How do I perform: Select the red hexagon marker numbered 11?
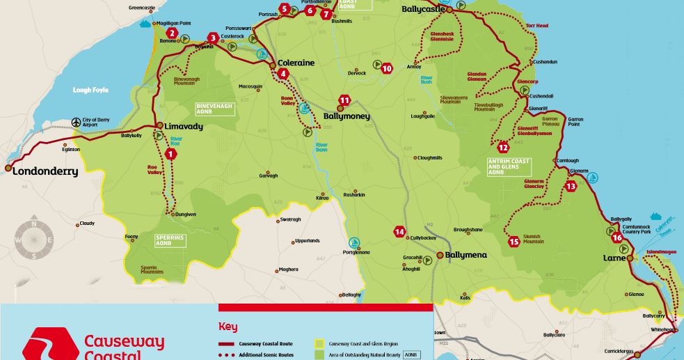tap(344, 100)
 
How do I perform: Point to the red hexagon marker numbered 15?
tap(514, 242)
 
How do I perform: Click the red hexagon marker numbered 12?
tap(503, 147)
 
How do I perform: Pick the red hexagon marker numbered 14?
tap(399, 232)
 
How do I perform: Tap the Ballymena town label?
tap(466, 256)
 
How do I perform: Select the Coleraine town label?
tap(296, 63)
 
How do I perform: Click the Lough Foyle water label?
tap(90, 90)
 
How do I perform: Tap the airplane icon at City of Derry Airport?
tap(76, 122)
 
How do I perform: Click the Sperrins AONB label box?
tap(170, 241)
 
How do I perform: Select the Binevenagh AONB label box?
tap(214, 109)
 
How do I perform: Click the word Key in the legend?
tap(228, 326)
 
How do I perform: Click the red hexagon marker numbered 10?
tap(387, 68)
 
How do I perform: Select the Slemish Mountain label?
tap(534, 239)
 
